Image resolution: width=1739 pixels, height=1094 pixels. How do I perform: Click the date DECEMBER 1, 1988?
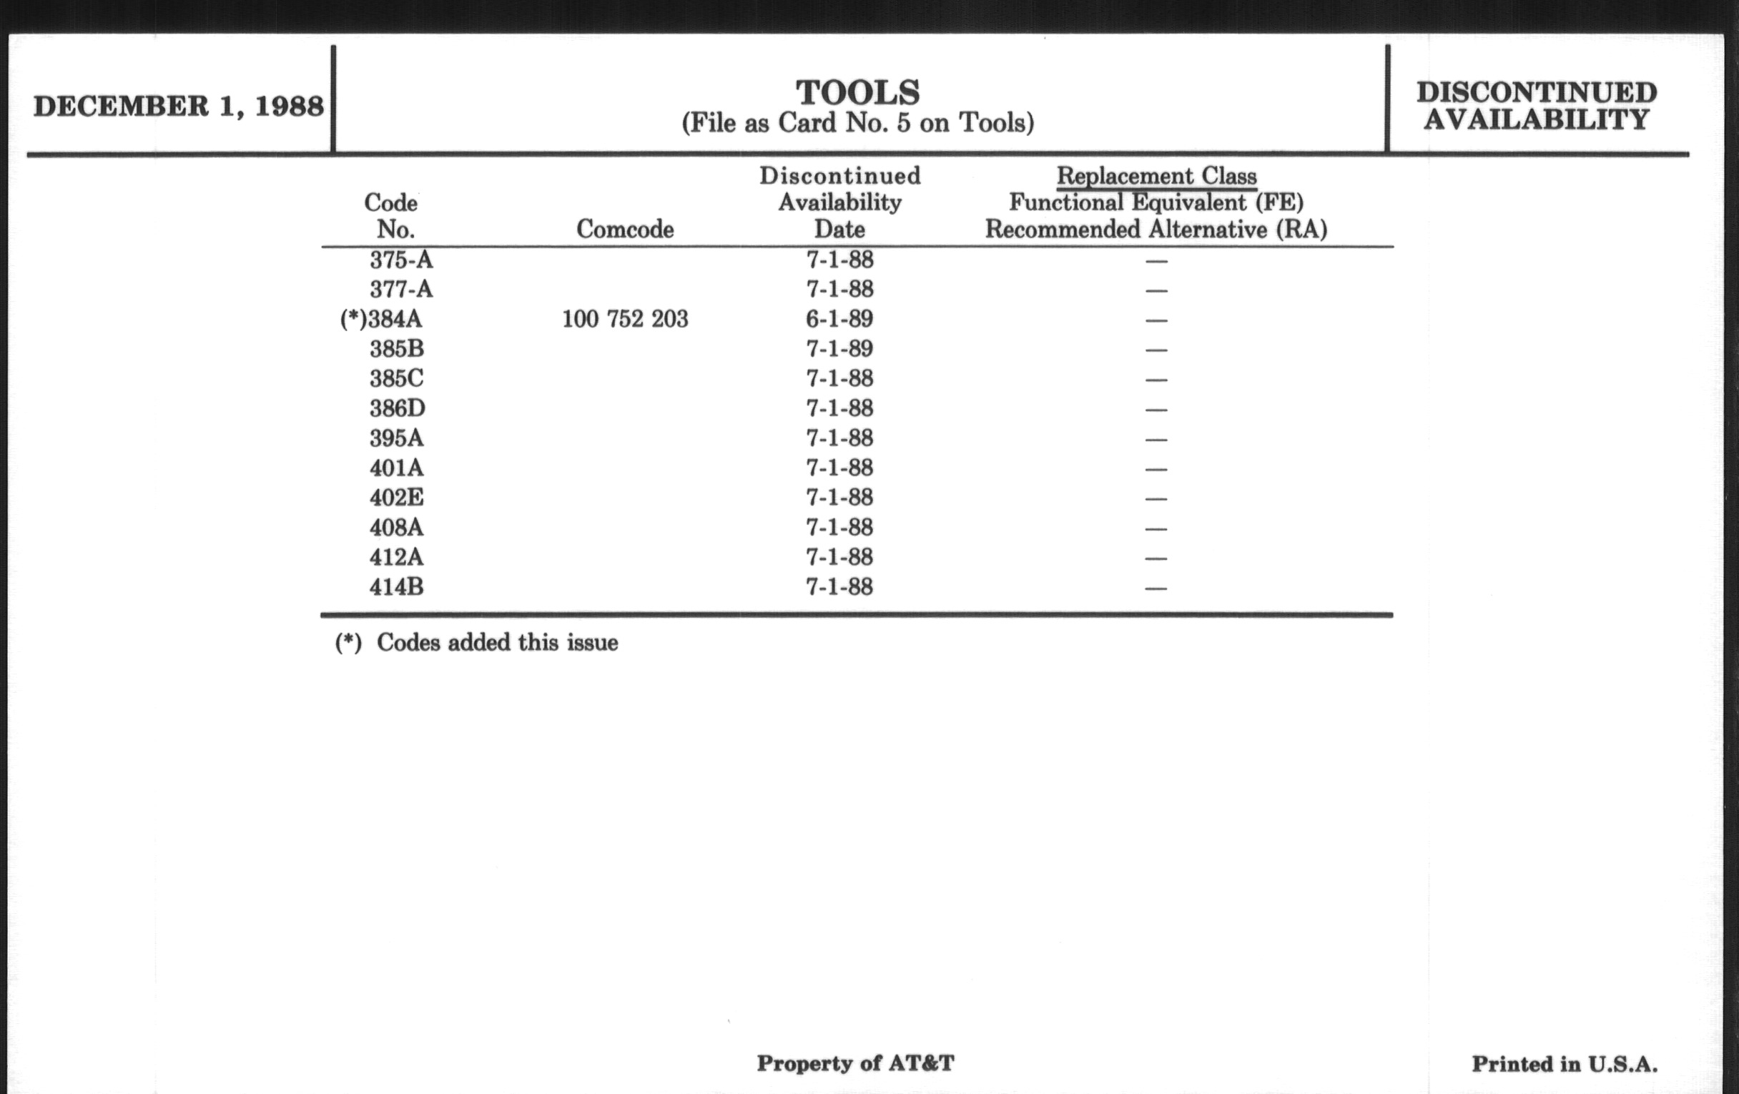click(x=178, y=107)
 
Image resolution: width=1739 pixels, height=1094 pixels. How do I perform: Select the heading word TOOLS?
click(x=857, y=92)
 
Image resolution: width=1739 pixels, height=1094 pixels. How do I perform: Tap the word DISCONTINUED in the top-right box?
click(x=1536, y=92)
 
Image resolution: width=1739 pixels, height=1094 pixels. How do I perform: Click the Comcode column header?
click(x=625, y=230)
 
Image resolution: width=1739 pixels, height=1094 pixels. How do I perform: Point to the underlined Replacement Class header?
click(x=1156, y=176)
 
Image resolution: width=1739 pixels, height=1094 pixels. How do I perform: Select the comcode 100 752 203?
click(x=625, y=319)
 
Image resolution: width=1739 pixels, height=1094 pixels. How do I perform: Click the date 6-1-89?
click(x=839, y=319)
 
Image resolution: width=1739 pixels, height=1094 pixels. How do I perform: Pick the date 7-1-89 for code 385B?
click(x=839, y=349)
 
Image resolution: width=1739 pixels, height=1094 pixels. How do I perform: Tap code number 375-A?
click(x=401, y=260)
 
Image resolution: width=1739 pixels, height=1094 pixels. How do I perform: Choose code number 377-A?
click(x=401, y=290)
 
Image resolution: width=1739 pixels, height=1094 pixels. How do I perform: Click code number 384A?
click(x=395, y=319)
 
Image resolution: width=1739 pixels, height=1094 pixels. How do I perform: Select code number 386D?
click(x=397, y=409)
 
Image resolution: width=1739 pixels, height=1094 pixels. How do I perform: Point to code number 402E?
click(x=396, y=498)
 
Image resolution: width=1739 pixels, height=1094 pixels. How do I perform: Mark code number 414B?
click(x=396, y=587)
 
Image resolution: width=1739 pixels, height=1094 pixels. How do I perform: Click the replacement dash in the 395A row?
click(x=1156, y=440)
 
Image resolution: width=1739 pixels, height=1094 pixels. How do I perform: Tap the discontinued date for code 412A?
click(x=839, y=558)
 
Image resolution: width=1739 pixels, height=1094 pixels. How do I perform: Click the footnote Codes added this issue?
click(x=497, y=643)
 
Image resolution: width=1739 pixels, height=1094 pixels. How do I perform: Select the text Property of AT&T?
click(x=855, y=1063)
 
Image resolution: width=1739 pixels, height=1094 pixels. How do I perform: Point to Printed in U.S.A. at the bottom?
click(x=1565, y=1064)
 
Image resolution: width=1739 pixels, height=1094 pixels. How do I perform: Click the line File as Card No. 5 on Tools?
click(x=857, y=124)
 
